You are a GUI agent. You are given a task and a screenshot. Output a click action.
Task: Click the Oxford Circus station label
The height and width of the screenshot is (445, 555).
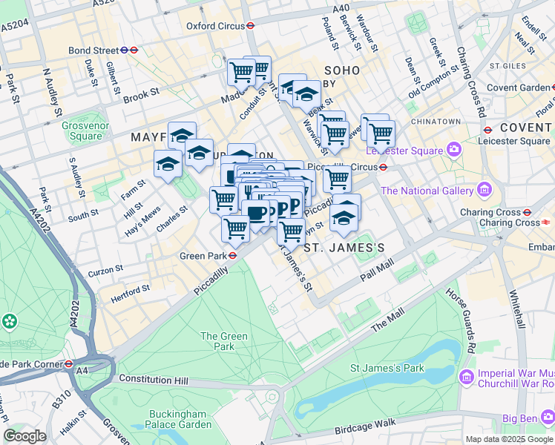pos(215,25)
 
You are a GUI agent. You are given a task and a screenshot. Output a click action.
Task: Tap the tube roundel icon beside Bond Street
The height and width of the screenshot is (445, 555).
pos(134,50)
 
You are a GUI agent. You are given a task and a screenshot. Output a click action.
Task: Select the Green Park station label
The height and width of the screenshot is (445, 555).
pos(203,256)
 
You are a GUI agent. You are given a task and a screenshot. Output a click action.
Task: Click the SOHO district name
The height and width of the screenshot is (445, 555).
pos(341,70)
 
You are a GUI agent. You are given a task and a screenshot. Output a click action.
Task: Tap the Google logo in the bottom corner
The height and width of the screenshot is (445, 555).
pos(24,436)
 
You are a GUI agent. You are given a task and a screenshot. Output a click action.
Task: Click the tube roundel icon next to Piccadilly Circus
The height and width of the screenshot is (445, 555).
pos(383,167)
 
